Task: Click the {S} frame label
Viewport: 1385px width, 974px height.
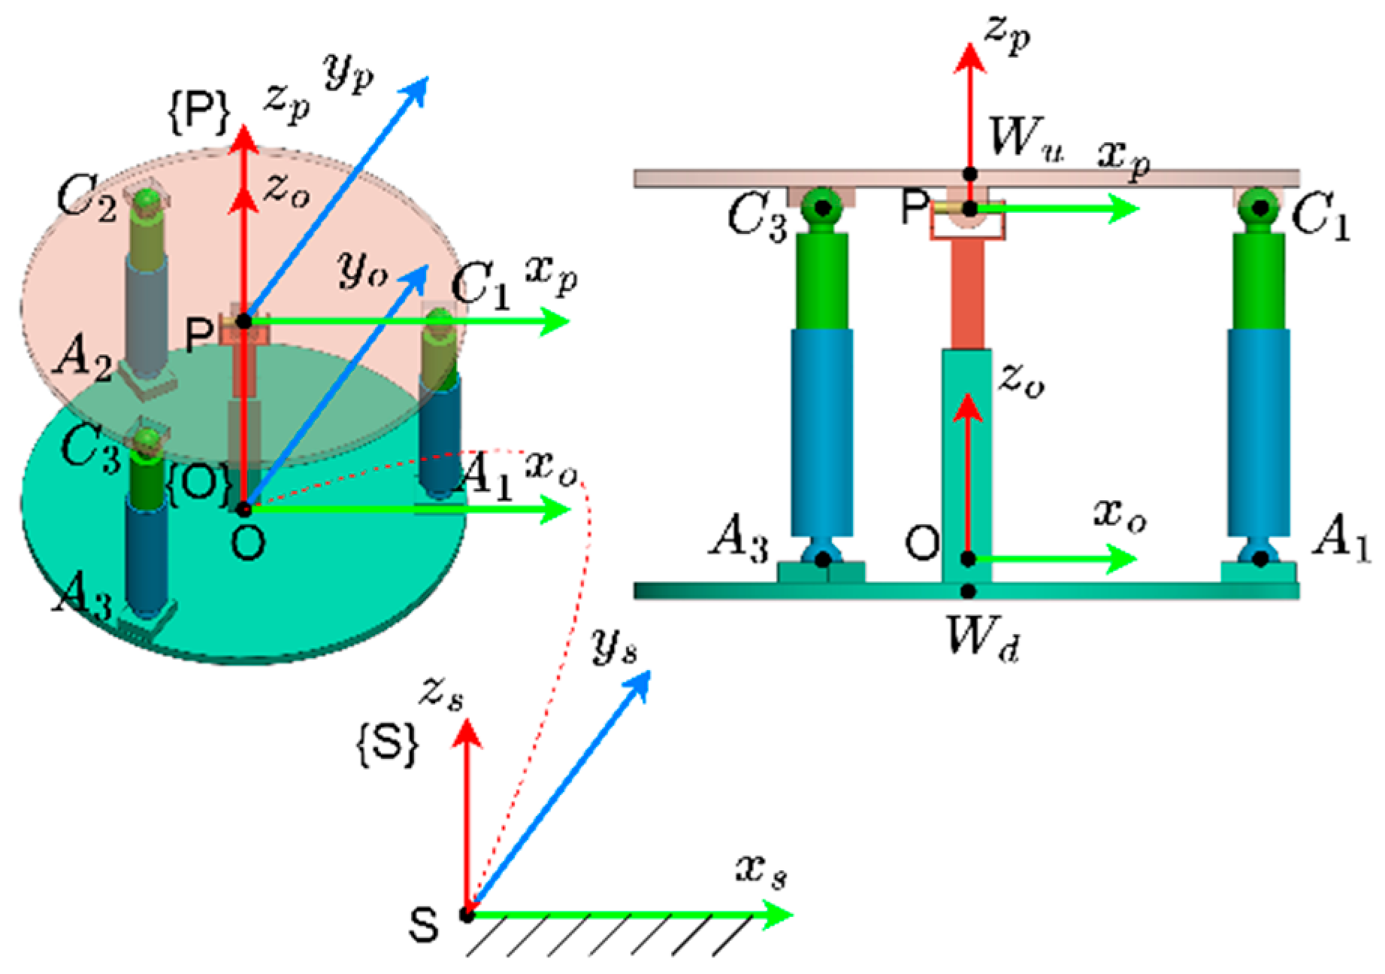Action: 386,744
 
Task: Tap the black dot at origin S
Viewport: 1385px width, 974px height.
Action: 467,915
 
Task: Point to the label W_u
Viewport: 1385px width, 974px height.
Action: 1026,139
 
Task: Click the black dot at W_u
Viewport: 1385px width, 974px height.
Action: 970,174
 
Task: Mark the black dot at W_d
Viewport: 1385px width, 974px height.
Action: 969,592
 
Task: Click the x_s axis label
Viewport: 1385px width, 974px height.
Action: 761,872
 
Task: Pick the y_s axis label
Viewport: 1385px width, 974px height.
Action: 614,645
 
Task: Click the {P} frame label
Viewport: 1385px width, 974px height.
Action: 198,113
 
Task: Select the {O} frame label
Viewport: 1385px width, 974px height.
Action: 197,485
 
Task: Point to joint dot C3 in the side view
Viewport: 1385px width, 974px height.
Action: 823,207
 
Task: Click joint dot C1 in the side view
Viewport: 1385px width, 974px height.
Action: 1261,207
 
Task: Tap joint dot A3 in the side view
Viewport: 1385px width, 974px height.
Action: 823,560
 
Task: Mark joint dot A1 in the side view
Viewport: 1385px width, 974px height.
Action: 1261,559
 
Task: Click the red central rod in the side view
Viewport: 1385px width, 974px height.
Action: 968,293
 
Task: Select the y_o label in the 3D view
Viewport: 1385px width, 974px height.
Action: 363,269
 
